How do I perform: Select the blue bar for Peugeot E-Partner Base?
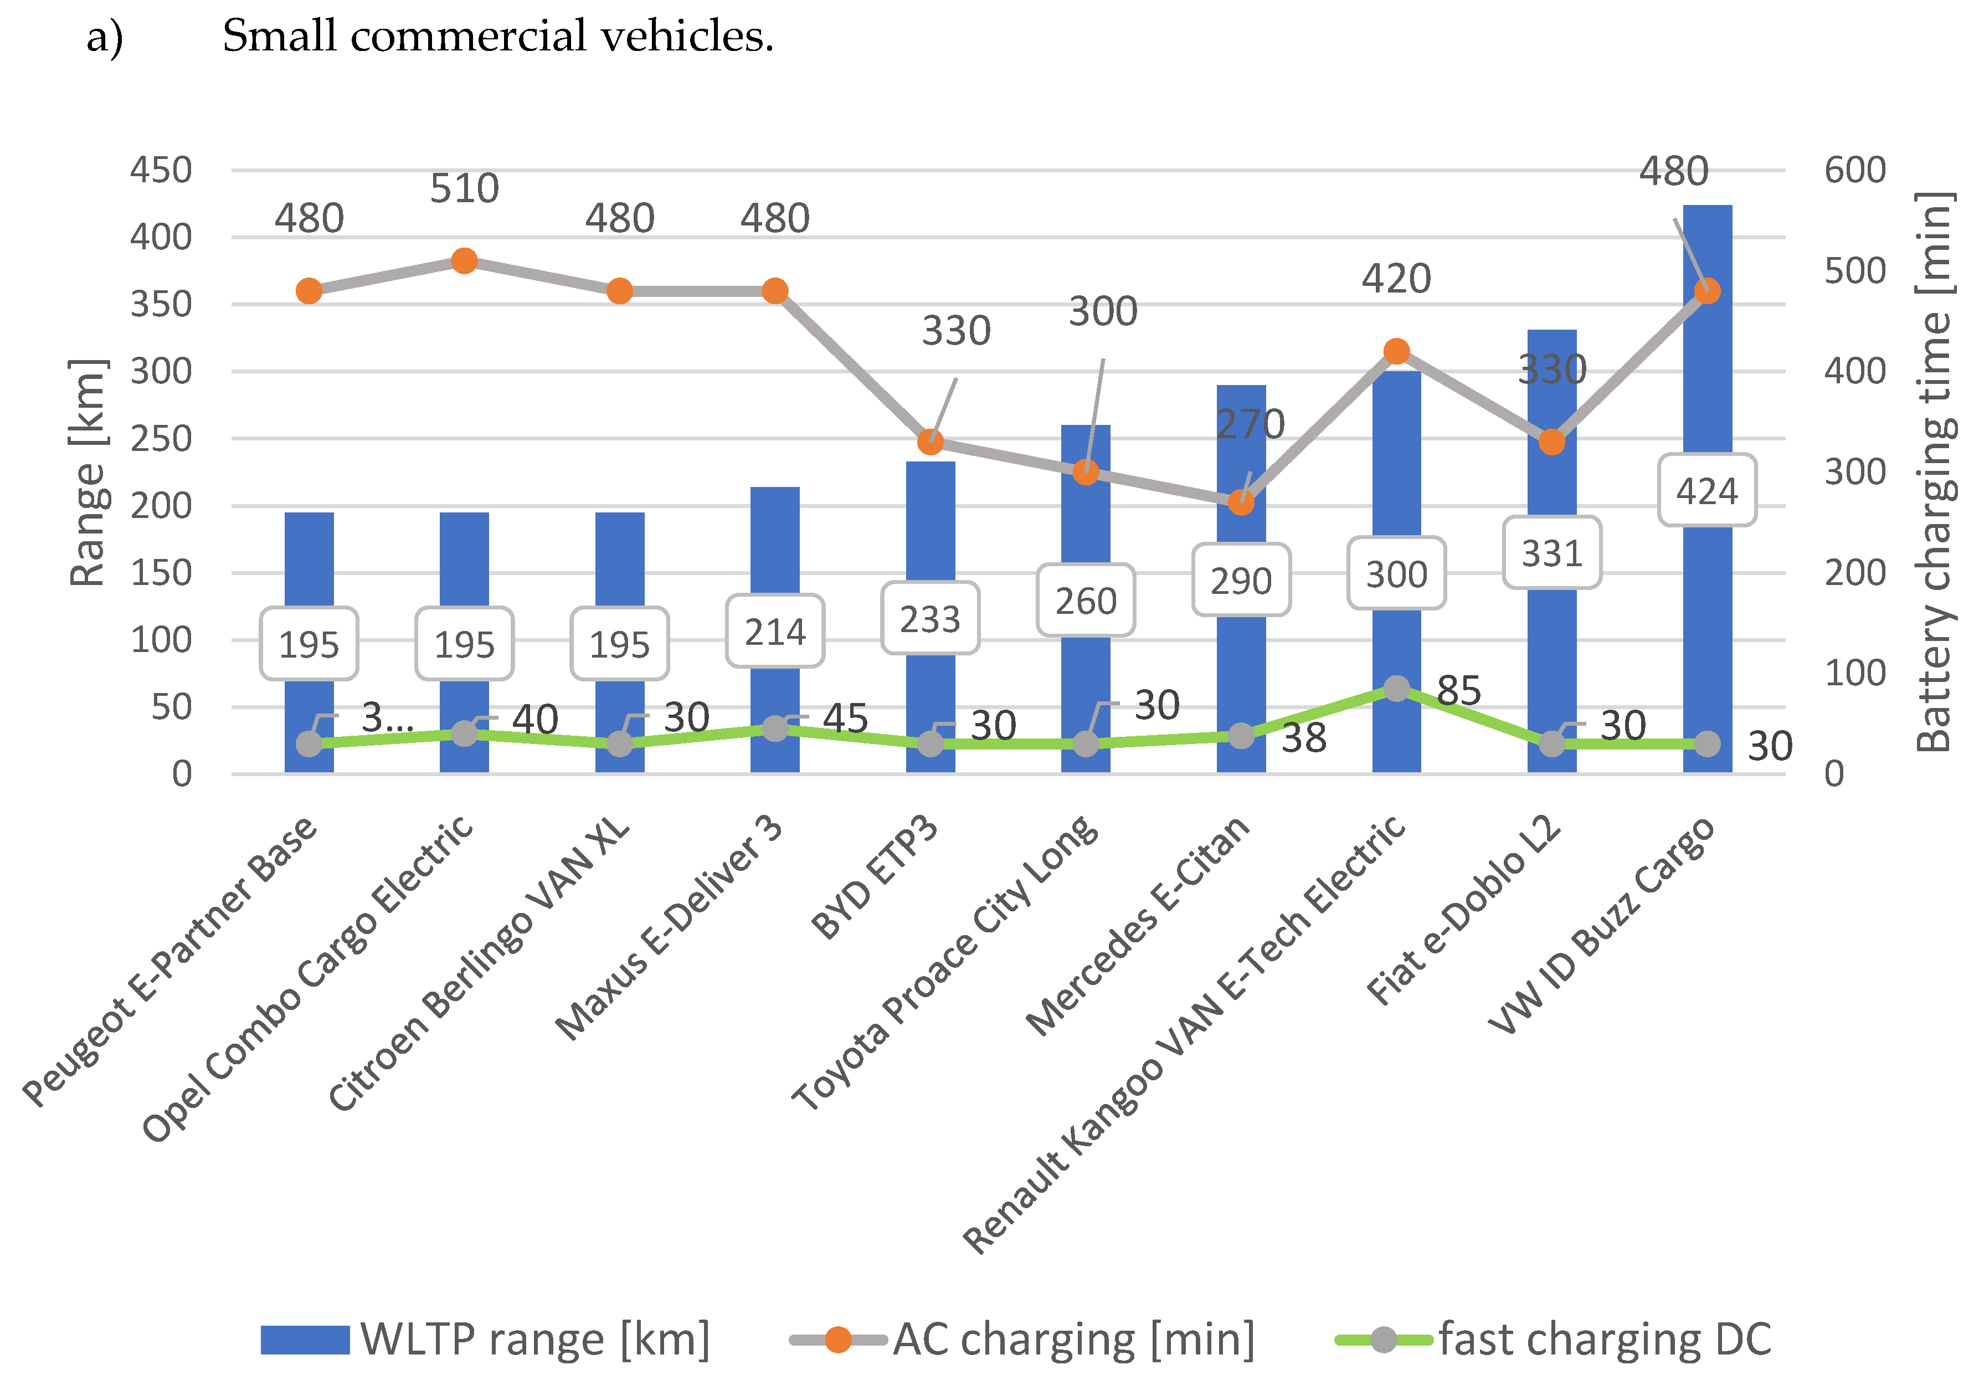point(309,560)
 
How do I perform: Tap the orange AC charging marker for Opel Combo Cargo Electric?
point(464,260)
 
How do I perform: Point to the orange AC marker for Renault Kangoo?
point(1396,351)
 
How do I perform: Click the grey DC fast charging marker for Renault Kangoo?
point(1396,689)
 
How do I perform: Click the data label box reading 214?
point(774,632)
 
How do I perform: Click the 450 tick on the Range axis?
point(161,170)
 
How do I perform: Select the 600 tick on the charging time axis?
point(1854,170)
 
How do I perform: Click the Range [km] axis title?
point(88,472)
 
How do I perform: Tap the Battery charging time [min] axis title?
point(1934,472)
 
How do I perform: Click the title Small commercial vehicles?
point(498,36)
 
